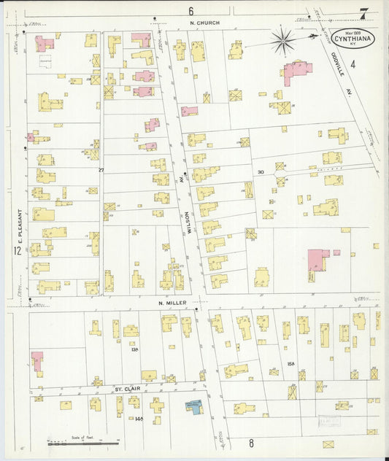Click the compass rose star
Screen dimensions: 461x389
(x=282, y=40)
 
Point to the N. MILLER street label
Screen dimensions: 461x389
(x=172, y=302)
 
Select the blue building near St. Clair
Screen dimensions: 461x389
(x=193, y=406)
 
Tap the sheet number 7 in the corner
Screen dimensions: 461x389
(x=363, y=12)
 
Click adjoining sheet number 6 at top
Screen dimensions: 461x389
(x=190, y=11)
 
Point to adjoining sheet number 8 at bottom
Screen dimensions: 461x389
(x=250, y=443)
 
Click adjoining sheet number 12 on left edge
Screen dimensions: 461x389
(x=16, y=251)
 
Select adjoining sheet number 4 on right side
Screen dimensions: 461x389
(x=352, y=65)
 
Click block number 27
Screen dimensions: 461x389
(x=101, y=170)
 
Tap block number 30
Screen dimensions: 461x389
(x=260, y=172)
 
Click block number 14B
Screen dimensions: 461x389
(x=139, y=419)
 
